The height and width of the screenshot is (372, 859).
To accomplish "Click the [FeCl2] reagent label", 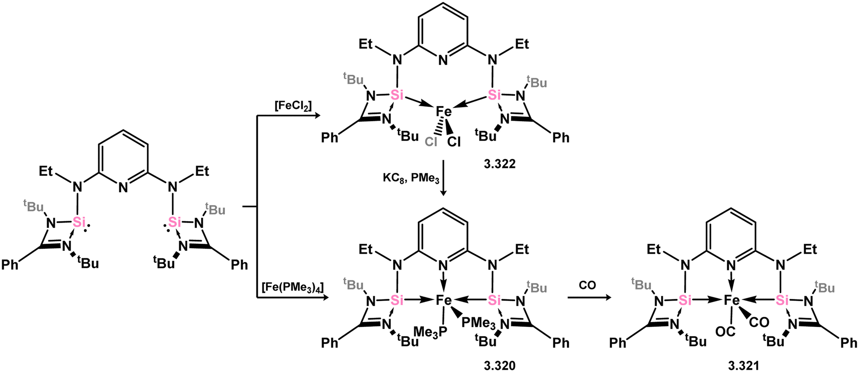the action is click(293, 106).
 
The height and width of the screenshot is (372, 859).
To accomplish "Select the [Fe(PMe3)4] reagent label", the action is click(292, 287).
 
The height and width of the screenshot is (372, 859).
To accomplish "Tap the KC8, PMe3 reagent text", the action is click(411, 178).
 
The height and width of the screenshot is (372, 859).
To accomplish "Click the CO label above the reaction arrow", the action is click(587, 285).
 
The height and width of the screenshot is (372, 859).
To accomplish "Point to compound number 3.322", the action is click(500, 164).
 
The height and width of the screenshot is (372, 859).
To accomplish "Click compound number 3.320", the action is click(500, 366).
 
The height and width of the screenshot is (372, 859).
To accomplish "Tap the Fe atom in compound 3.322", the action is click(443, 111).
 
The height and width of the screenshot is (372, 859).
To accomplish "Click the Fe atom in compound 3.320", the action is click(443, 301).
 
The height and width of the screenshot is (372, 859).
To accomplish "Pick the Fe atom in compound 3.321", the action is click(732, 301).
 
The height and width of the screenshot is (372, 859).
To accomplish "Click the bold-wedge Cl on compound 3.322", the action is click(454, 141).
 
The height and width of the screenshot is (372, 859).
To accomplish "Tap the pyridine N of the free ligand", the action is click(123, 188).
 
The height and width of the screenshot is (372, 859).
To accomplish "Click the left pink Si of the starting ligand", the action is click(79, 223).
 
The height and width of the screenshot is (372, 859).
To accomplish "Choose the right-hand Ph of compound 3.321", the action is click(849, 343).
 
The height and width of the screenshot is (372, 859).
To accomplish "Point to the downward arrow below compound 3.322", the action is click(444, 178).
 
